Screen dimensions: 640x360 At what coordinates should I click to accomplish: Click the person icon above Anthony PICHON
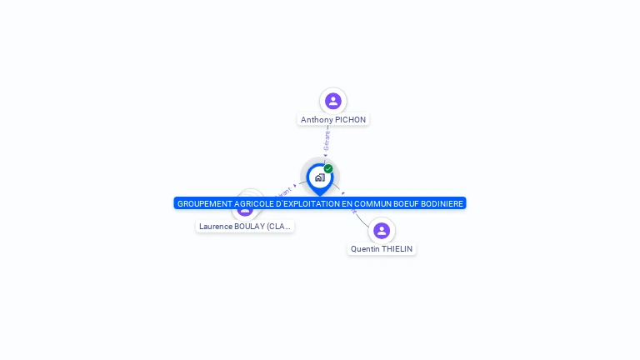pos(333,101)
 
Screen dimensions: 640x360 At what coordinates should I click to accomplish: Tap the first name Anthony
pos(317,120)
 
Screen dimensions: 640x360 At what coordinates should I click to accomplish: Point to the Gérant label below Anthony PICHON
pos(327,140)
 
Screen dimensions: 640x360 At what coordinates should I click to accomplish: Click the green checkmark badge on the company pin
pos(328,169)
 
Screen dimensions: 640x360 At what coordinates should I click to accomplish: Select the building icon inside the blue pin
pos(319,177)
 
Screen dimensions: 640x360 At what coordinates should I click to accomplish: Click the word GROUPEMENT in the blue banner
pos(205,203)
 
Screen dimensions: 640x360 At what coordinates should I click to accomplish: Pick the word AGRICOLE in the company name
pos(256,203)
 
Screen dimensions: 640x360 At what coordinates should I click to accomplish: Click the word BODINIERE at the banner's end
pos(441,203)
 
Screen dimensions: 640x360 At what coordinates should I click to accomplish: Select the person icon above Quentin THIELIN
pos(382,230)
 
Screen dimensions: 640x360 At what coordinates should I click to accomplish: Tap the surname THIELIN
pos(397,249)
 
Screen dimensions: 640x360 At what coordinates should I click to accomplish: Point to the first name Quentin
pos(365,249)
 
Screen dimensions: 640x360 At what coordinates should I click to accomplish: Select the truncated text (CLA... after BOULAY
pos(279,226)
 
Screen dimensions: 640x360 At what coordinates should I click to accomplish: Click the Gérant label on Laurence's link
pos(282,192)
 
